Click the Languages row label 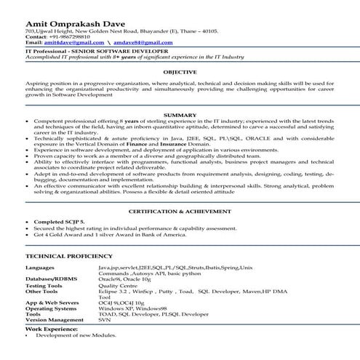[x=42, y=268]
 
